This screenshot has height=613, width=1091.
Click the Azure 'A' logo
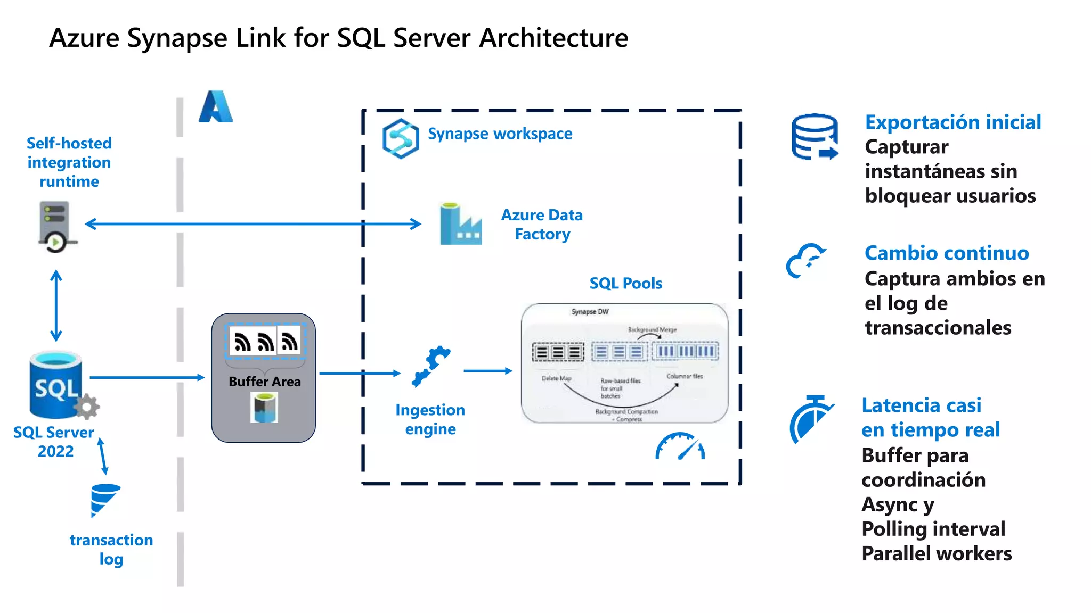(x=216, y=107)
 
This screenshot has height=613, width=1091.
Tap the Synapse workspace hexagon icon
(x=400, y=139)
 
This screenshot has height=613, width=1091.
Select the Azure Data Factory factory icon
(x=460, y=225)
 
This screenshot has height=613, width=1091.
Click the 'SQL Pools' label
(x=625, y=283)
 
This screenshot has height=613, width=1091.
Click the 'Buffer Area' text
(x=264, y=382)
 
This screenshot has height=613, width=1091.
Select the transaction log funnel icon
(x=104, y=499)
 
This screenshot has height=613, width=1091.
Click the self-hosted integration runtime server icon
(x=55, y=226)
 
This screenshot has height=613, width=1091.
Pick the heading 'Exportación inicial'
(x=952, y=122)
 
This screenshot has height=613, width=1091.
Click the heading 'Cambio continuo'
(x=946, y=253)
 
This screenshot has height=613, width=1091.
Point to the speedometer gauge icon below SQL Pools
(x=680, y=446)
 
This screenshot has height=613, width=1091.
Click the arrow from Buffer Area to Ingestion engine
(x=360, y=374)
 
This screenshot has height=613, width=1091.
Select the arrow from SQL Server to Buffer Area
(x=147, y=377)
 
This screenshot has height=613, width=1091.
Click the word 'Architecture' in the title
(x=553, y=38)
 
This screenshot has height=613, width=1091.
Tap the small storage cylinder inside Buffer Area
(x=265, y=408)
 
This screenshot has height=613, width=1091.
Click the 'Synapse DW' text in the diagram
(x=590, y=312)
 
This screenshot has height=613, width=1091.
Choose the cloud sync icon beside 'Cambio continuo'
(x=805, y=261)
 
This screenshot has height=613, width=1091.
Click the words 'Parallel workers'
(x=937, y=554)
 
